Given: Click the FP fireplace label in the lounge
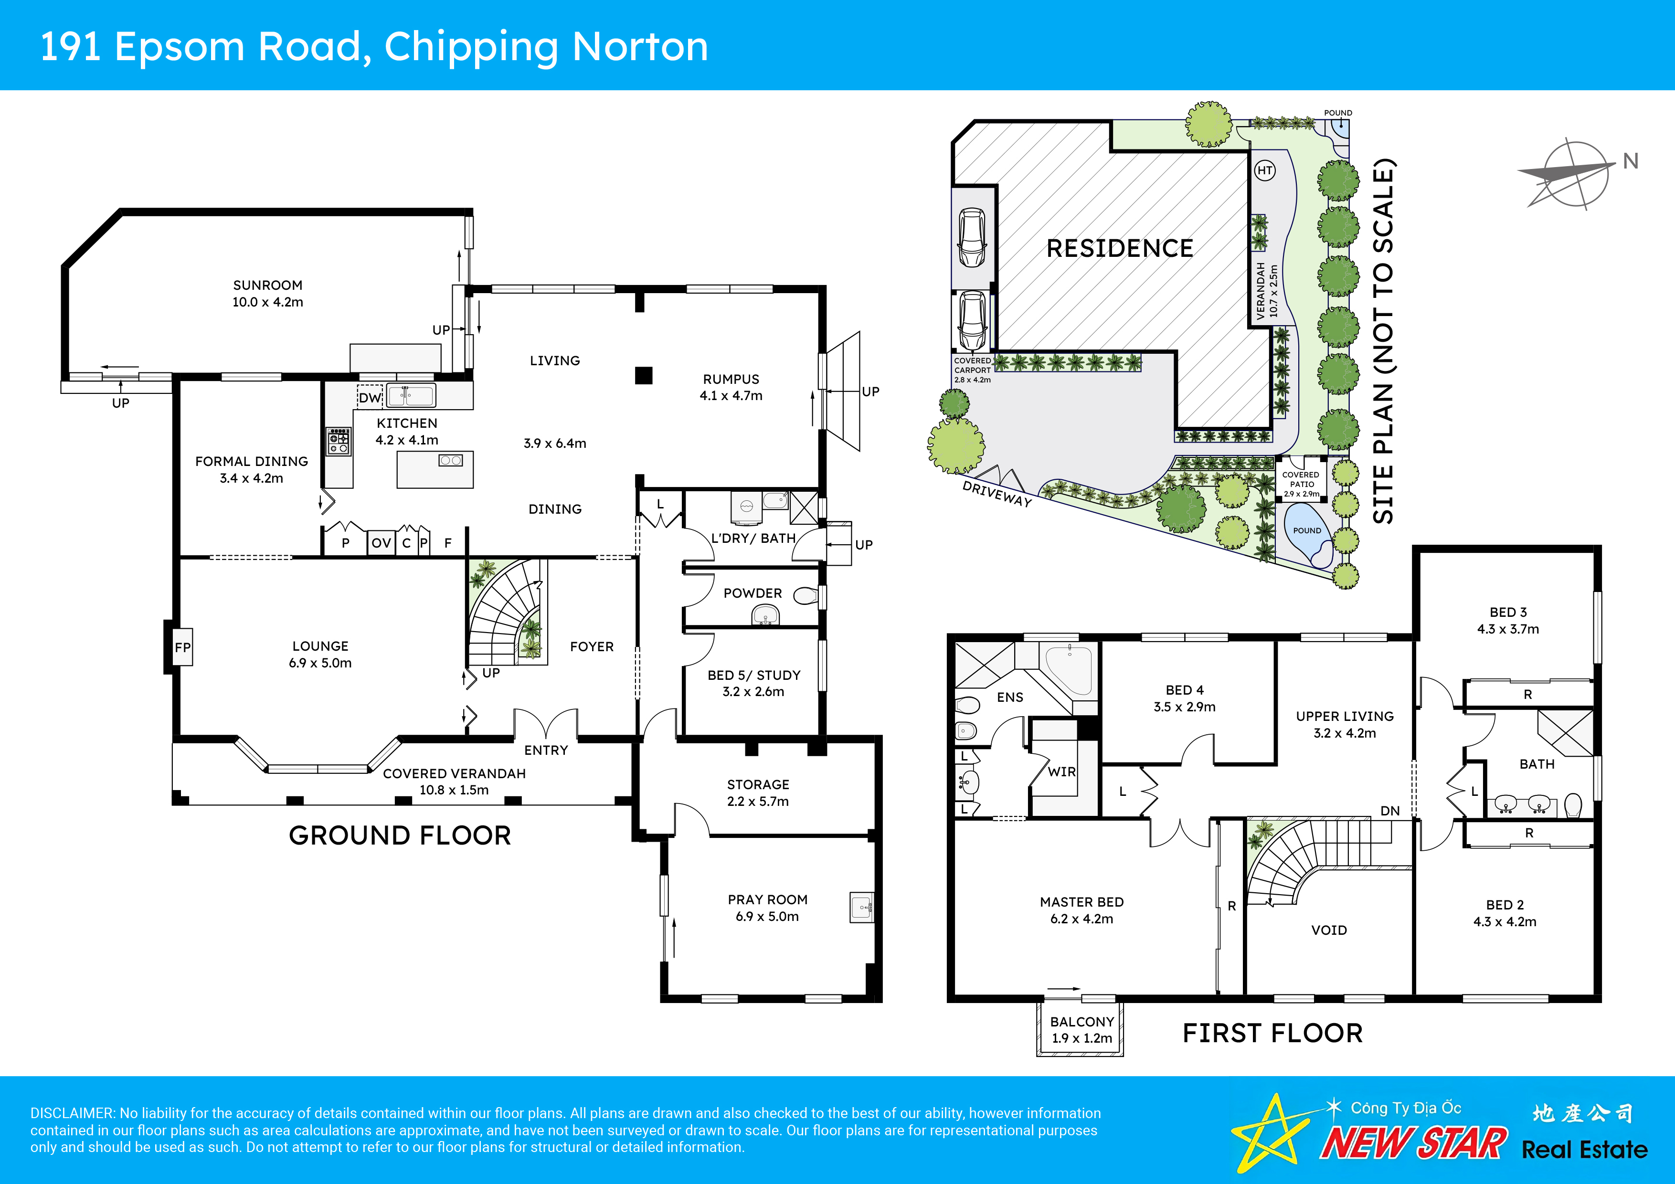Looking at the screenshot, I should pos(182,647).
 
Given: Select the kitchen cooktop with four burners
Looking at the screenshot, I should pos(339,441).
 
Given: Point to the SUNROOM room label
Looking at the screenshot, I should pos(267,285).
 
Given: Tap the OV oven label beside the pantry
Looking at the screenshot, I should pos(381,543).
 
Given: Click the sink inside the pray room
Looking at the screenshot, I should pos(861,908).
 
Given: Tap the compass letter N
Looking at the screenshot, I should pos(1631,161).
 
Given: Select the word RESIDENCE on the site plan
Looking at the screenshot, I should pos(1119,249).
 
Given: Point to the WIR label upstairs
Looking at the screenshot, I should pos(1061,772).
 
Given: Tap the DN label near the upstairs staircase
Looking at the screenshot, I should pos(1390,811).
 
